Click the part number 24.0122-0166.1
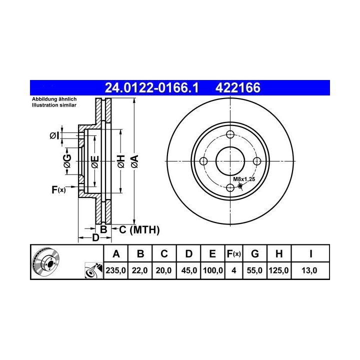(151, 87)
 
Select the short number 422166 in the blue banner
(238, 87)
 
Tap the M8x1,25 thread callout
(244, 179)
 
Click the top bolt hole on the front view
(230, 134)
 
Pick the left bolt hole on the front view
(203, 161)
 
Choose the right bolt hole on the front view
(257, 161)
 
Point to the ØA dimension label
(135, 161)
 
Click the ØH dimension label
(121, 161)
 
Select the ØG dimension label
(67, 161)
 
